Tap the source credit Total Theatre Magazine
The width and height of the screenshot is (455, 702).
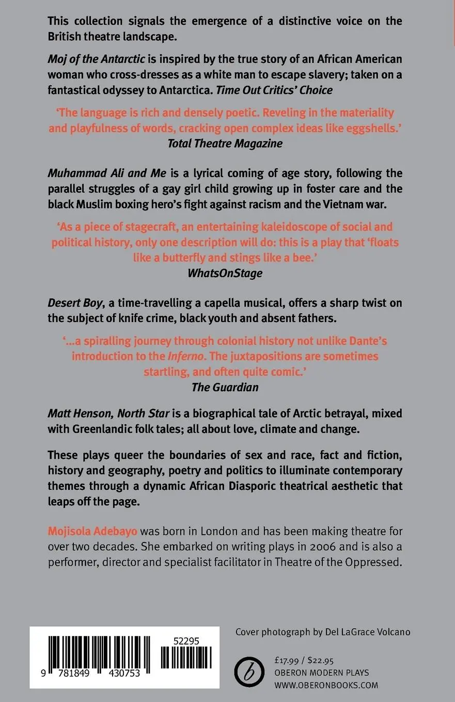click(225, 143)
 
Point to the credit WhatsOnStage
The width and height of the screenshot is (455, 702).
click(225, 274)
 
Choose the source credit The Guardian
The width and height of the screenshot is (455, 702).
click(225, 387)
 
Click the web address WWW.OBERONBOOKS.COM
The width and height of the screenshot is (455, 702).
click(326, 685)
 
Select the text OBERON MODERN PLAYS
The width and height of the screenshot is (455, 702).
click(322, 673)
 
